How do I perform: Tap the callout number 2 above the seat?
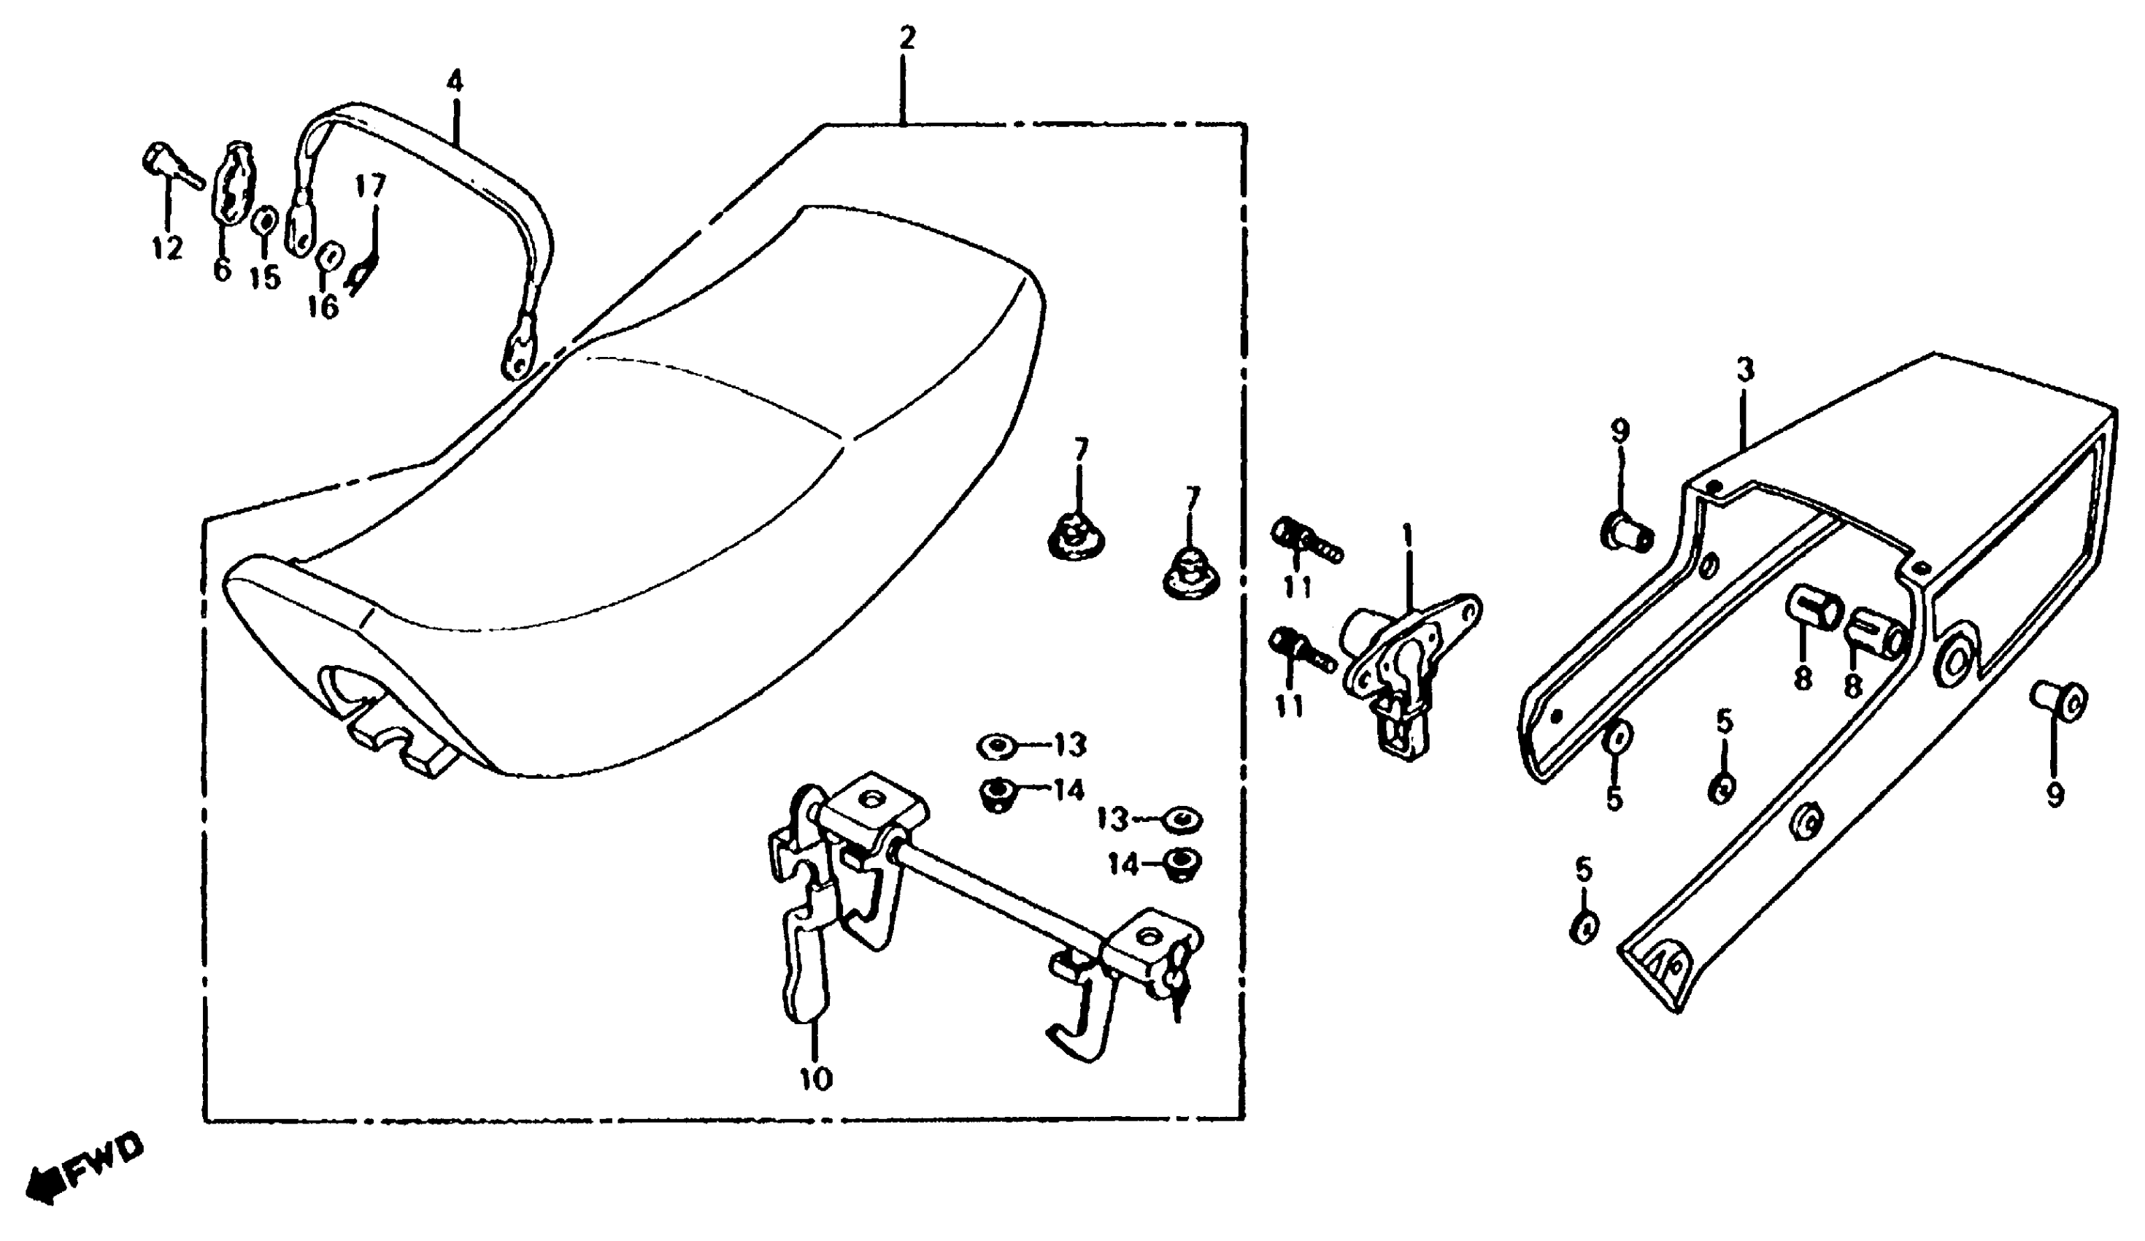906,38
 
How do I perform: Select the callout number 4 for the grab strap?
455,82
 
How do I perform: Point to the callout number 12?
168,248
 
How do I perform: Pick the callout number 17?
370,185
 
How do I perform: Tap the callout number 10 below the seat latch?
815,1079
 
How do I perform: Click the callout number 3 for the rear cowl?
1745,370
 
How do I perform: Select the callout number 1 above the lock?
1406,535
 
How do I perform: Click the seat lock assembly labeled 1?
1396,672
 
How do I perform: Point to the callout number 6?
222,270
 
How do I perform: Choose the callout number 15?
265,277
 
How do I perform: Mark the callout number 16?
323,307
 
